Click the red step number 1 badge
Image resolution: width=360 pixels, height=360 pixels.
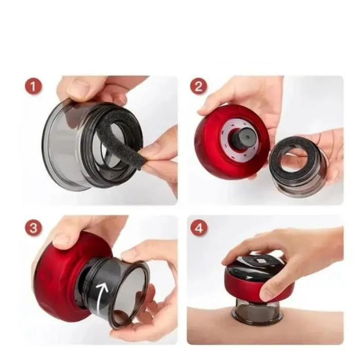(33, 86)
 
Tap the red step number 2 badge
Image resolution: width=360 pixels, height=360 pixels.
(199, 86)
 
